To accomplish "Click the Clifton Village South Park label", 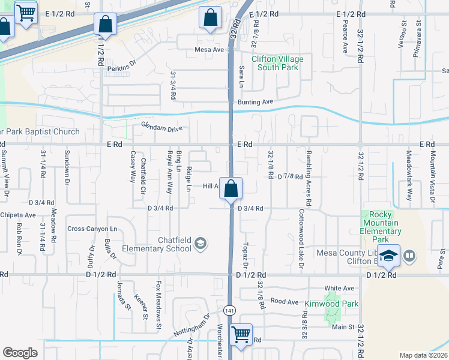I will point(277,63).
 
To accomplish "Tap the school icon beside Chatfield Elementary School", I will point(201,243).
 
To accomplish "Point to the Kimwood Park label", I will point(331,304).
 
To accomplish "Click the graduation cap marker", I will point(388,256).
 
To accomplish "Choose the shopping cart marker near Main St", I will point(241,334).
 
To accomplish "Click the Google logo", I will point(20,353).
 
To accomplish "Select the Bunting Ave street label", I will point(255,102).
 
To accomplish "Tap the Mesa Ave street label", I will point(209,50).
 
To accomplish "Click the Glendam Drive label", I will point(161,127).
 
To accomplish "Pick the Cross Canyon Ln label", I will point(92,229).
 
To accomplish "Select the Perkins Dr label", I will point(122,68).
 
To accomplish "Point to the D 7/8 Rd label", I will point(290,176).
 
